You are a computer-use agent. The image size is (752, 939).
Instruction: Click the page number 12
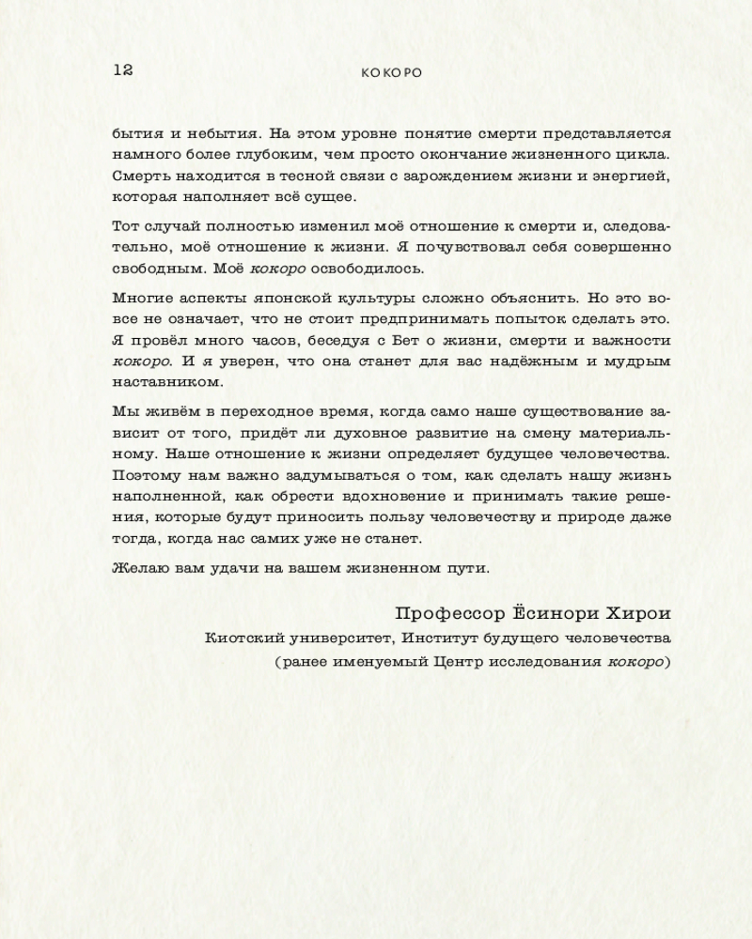tap(123, 69)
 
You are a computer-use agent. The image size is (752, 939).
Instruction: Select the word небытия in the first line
tap(210, 133)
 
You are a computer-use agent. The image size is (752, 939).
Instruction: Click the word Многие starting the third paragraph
tap(140, 299)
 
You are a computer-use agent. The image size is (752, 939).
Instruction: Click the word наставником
tap(155, 382)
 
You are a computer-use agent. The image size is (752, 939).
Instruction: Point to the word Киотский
tap(241, 639)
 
